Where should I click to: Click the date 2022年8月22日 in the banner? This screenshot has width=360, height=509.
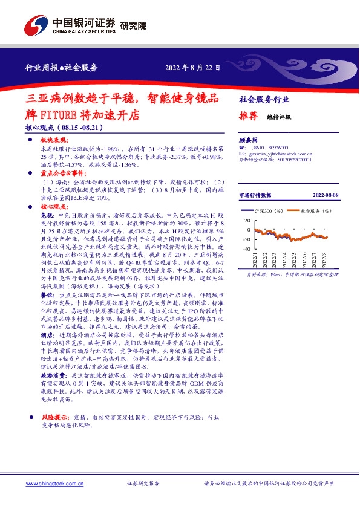pyautogui.click(x=192, y=68)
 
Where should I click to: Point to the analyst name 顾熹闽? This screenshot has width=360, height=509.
pyautogui.click(x=249, y=138)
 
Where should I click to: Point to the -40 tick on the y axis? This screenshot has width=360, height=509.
pyautogui.click(x=246, y=249)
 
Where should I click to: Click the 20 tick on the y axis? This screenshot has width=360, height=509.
pyautogui.click(x=247, y=221)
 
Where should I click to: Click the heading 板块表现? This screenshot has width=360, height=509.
pyautogui.click(x=53, y=140)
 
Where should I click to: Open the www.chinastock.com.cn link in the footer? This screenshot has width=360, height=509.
pyautogui.click(x=51, y=484)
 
